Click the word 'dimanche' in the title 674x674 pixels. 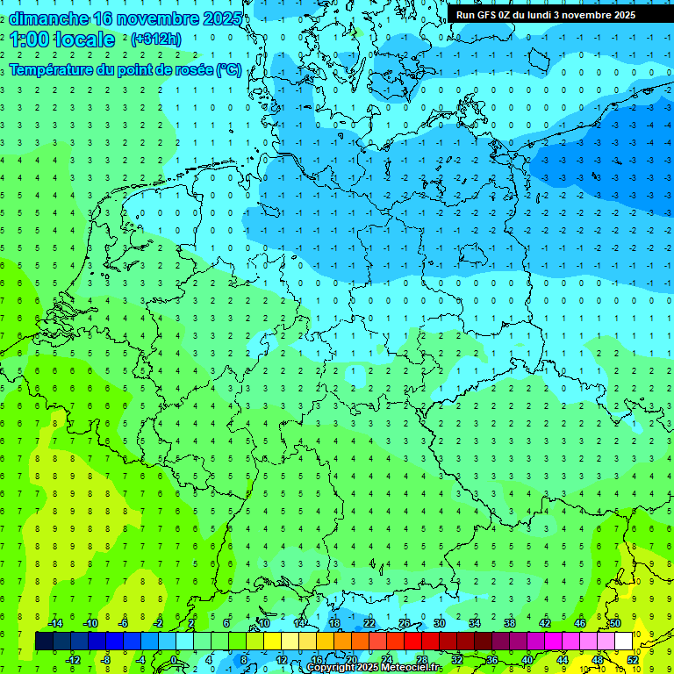[48, 18]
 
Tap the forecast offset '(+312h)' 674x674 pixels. [155, 39]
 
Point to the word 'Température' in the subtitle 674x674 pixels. [52, 69]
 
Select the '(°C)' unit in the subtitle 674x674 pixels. [229, 69]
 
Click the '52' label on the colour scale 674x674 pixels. [633, 659]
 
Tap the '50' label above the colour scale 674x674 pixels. [615, 623]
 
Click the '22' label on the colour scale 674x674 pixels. [369, 623]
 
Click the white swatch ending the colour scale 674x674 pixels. [624, 642]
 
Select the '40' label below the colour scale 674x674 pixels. [527, 659]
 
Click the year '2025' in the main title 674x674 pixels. [219, 18]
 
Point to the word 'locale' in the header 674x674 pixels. [85, 39]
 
